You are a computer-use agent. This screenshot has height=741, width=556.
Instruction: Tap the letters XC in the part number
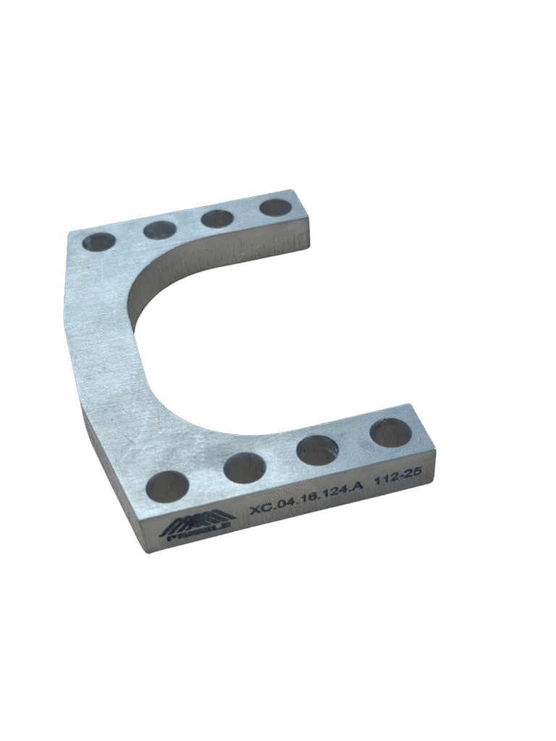tap(259, 509)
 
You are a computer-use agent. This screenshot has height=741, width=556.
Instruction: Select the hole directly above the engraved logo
tap(167, 486)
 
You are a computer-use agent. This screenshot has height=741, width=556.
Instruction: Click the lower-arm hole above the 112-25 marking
tap(390, 433)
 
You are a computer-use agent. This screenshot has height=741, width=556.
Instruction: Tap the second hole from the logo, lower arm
tap(243, 467)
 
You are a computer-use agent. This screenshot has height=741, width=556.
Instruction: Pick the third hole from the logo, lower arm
tap(317, 450)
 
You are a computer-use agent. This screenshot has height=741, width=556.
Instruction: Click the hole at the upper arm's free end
tap(275, 208)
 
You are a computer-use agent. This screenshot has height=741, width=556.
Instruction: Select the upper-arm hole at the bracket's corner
tap(99, 242)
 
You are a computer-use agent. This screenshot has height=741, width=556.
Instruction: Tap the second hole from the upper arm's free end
tap(217, 219)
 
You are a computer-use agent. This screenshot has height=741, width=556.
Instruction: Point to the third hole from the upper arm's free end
tap(160, 230)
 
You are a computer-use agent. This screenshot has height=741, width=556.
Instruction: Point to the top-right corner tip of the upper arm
tap(294, 191)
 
